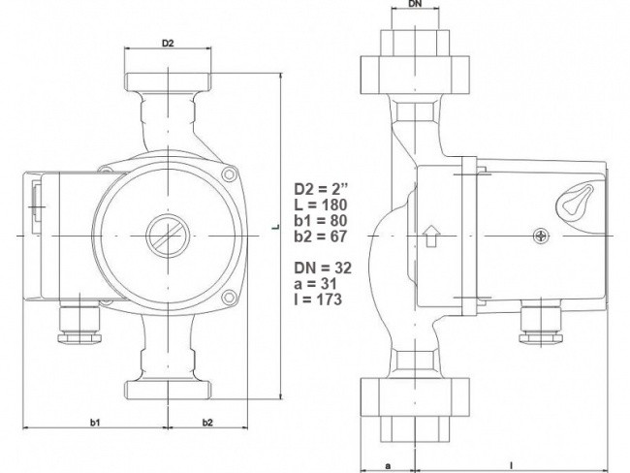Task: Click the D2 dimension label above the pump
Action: point(168,43)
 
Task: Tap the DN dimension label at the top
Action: point(415,5)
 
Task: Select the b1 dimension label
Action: point(95,423)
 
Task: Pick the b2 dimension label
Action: point(207,423)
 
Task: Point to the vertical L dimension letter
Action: point(275,227)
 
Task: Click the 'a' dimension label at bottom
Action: point(388,466)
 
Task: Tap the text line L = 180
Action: point(320,205)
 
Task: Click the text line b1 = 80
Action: point(321,221)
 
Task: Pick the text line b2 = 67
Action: point(320,236)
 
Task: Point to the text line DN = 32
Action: point(323,268)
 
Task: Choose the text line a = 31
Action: point(315,284)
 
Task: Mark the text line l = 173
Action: point(318,300)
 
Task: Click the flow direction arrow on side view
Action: point(431,236)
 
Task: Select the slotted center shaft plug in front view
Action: point(168,236)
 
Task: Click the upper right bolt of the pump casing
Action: point(229,174)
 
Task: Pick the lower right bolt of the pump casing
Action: point(229,297)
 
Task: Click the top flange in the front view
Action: point(168,82)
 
